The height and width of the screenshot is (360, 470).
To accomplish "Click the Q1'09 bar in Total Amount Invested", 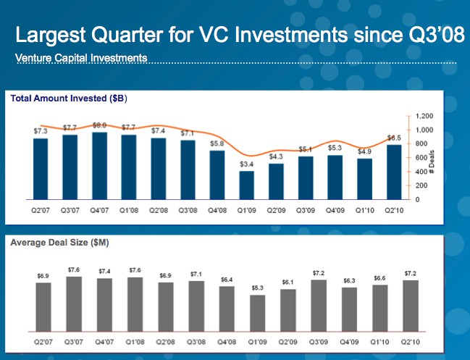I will (x=247, y=185).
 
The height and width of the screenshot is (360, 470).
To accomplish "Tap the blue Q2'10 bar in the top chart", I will (x=395, y=172).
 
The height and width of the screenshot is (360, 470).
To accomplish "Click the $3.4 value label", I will (x=247, y=165).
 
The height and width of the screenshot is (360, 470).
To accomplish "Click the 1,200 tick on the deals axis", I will (x=425, y=116).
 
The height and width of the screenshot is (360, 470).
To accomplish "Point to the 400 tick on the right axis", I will (x=421, y=172).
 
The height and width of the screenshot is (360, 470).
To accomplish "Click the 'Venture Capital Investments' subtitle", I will (x=81, y=56).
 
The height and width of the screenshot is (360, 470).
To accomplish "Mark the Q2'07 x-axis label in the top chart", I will (x=40, y=210).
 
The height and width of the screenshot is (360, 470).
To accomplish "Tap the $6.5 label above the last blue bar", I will (x=395, y=138).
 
